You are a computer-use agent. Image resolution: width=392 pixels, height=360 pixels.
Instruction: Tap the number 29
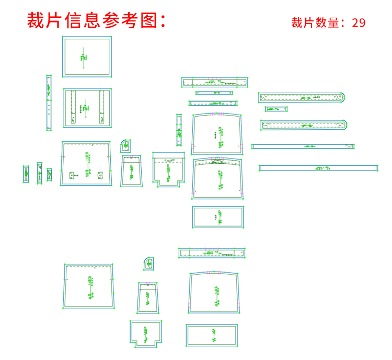click(359, 22)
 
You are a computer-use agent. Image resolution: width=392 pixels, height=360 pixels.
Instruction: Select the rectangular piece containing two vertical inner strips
click(87, 108)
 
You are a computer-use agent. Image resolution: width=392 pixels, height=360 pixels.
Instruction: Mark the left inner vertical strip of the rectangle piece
click(73, 107)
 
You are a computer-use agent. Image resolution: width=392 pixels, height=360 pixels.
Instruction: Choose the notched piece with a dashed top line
click(168, 169)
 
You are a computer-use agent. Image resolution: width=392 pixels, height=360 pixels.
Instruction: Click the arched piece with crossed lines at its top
click(218, 179)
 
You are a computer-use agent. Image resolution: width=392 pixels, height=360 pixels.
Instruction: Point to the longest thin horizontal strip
click(318, 168)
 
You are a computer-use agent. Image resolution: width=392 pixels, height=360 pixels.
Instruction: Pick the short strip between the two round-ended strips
click(276, 109)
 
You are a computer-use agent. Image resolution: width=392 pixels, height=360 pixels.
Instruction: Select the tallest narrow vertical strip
click(49, 103)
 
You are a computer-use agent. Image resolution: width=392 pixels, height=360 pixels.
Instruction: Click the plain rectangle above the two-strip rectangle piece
click(87, 57)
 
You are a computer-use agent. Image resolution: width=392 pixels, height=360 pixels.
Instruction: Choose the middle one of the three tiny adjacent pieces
click(39, 173)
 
